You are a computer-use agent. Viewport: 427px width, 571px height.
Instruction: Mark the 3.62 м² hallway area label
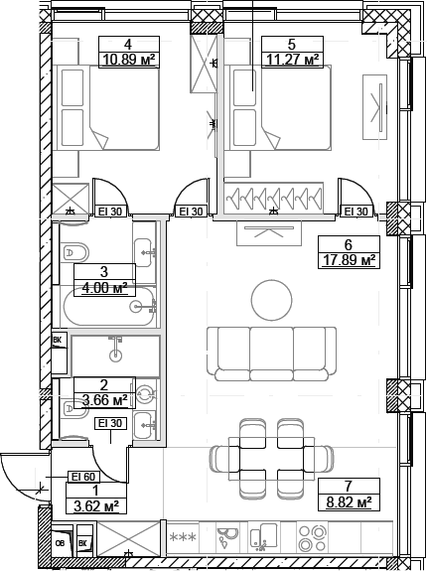[x=96, y=505]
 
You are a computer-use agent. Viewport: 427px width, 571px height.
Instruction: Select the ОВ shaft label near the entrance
[x=61, y=543]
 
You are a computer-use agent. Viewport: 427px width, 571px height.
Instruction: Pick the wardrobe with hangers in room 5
[x=276, y=200]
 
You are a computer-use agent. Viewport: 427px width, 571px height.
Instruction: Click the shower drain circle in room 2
[x=117, y=354]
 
